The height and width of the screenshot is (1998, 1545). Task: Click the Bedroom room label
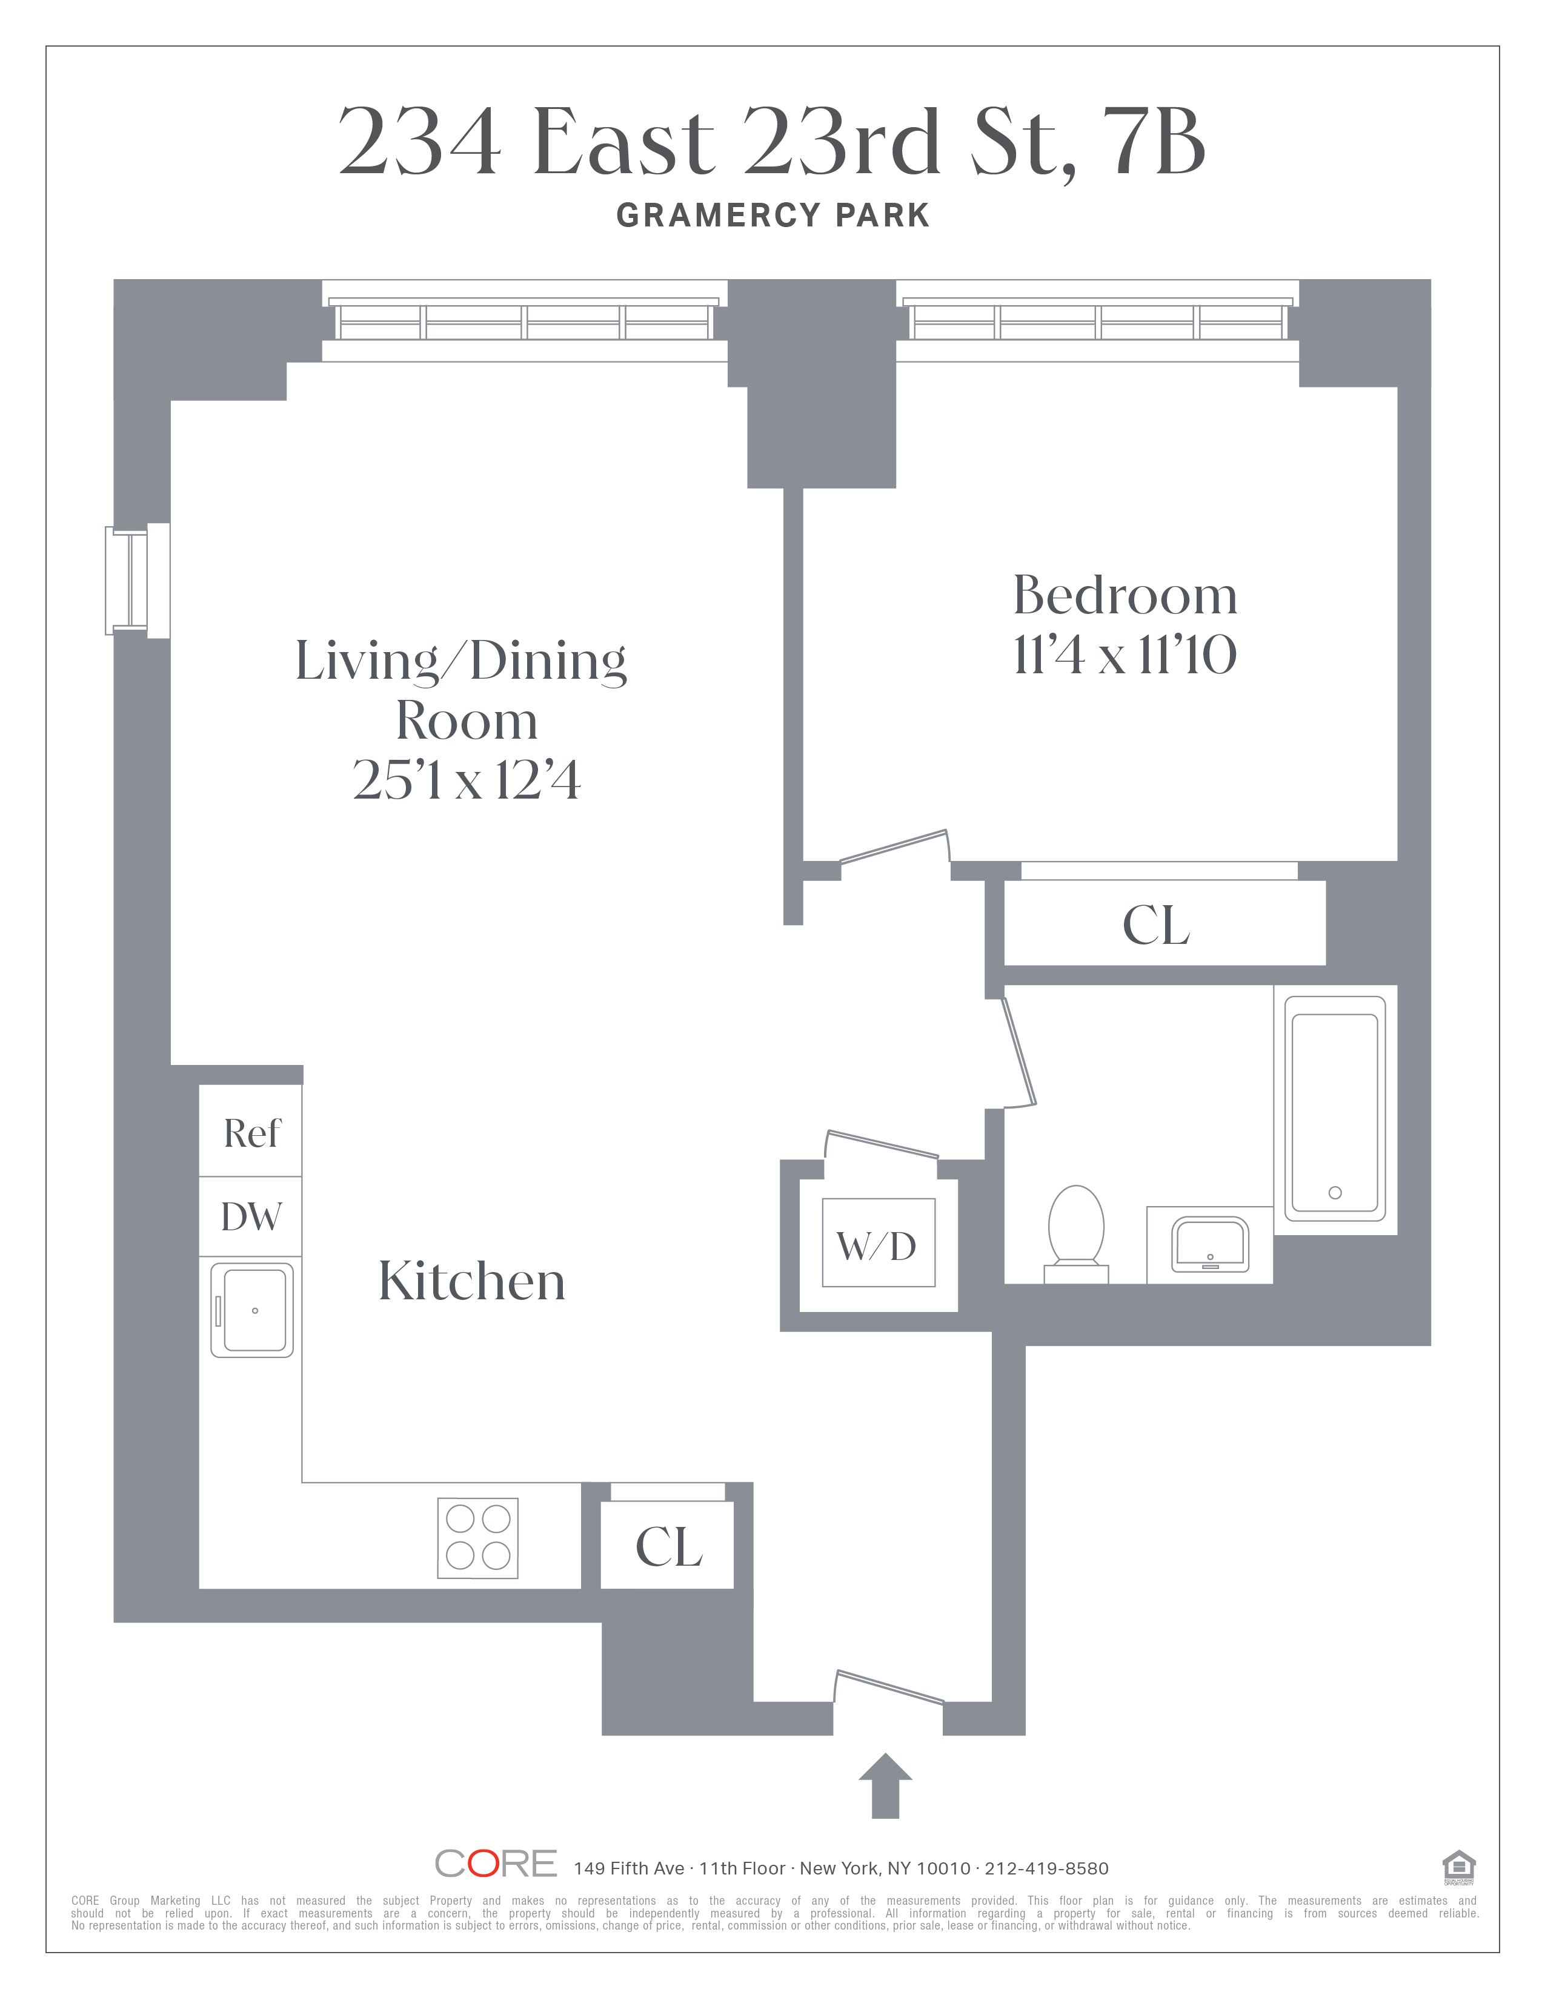[x=1125, y=596]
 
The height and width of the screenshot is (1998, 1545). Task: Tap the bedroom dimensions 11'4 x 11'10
[x=1125, y=655]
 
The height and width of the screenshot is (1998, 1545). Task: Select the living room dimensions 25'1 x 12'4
[x=467, y=780]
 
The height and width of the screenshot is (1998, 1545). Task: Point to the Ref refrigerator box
[x=251, y=1131]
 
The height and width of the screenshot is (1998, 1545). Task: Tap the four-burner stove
[x=478, y=1538]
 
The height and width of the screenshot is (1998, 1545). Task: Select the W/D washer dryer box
[x=879, y=1242]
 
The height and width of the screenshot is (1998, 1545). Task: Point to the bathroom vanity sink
[x=1210, y=1244]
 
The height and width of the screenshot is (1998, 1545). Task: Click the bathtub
[x=1335, y=1109]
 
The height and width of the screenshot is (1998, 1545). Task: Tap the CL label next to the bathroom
[x=1156, y=925]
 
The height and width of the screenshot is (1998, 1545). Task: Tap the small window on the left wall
[x=138, y=581]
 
